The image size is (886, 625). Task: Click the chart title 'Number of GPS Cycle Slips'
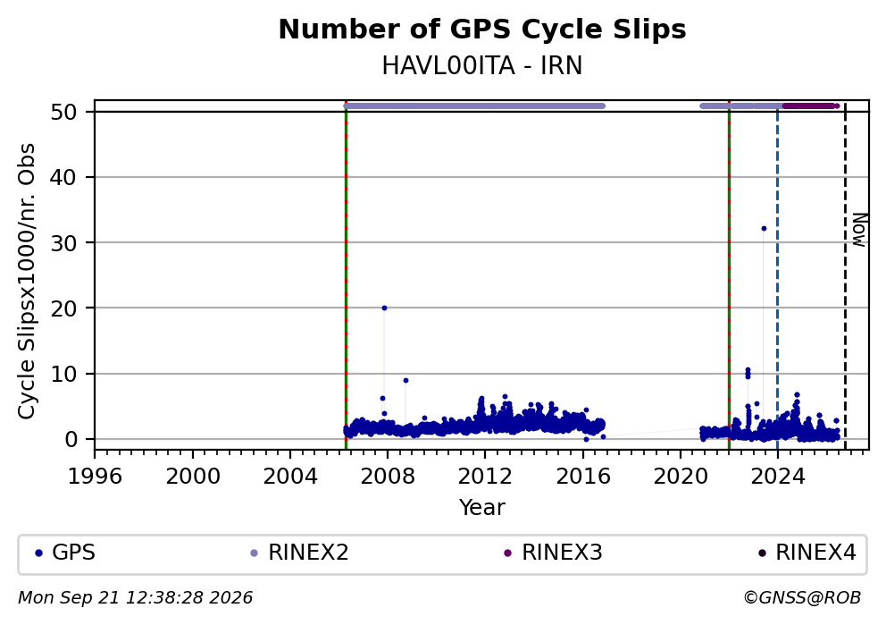point(482,30)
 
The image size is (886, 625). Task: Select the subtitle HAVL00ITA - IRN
point(482,65)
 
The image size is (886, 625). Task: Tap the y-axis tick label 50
point(63,112)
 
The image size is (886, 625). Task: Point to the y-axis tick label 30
point(63,242)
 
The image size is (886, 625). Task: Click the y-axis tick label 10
point(63,374)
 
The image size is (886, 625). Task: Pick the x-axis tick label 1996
point(95,477)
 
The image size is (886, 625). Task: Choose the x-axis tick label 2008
point(388,477)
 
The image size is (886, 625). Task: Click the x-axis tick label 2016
point(582,477)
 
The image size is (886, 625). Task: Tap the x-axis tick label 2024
point(778,477)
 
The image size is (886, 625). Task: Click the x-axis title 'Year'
point(482,507)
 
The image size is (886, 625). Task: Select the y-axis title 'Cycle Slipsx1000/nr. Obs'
point(27,281)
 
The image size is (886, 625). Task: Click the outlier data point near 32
point(764,229)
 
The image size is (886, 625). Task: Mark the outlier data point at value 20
point(384,308)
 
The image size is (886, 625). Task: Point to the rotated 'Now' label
point(859,230)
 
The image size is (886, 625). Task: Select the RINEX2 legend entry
point(299,553)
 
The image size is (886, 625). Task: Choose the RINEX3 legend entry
point(553,553)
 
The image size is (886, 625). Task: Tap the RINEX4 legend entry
point(807,553)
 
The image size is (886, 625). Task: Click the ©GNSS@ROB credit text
point(802,598)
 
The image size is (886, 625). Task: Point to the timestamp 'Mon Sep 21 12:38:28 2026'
point(136,598)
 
